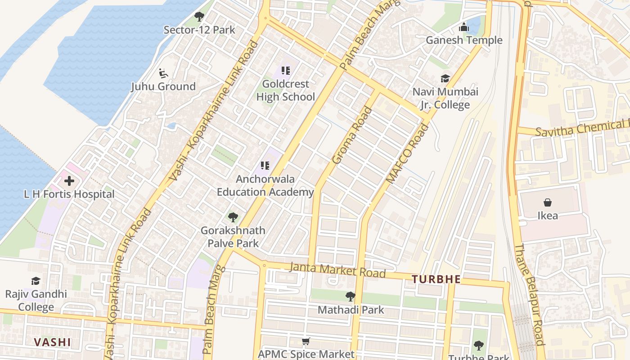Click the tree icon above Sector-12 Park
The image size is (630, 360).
point(199,17)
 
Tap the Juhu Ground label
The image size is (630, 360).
point(163,86)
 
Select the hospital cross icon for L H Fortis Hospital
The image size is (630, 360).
point(69,181)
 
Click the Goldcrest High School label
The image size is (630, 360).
point(285,90)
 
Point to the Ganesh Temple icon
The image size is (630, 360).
point(463,28)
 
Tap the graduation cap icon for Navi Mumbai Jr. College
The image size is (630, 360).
point(445,79)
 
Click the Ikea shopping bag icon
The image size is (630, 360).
point(548,202)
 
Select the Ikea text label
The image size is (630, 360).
point(548,216)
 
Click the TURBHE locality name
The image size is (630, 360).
point(436,279)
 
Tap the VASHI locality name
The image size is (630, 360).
point(52,342)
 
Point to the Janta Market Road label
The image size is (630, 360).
point(337,270)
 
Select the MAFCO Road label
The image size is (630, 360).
point(408,153)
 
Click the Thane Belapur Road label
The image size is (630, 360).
point(530,295)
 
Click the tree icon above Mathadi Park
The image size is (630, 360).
point(350,297)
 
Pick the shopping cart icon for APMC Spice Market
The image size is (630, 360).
point(306,342)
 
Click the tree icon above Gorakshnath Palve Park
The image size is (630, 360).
point(233,218)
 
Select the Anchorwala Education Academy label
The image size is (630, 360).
point(265,185)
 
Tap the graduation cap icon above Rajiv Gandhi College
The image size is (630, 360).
point(36,281)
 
